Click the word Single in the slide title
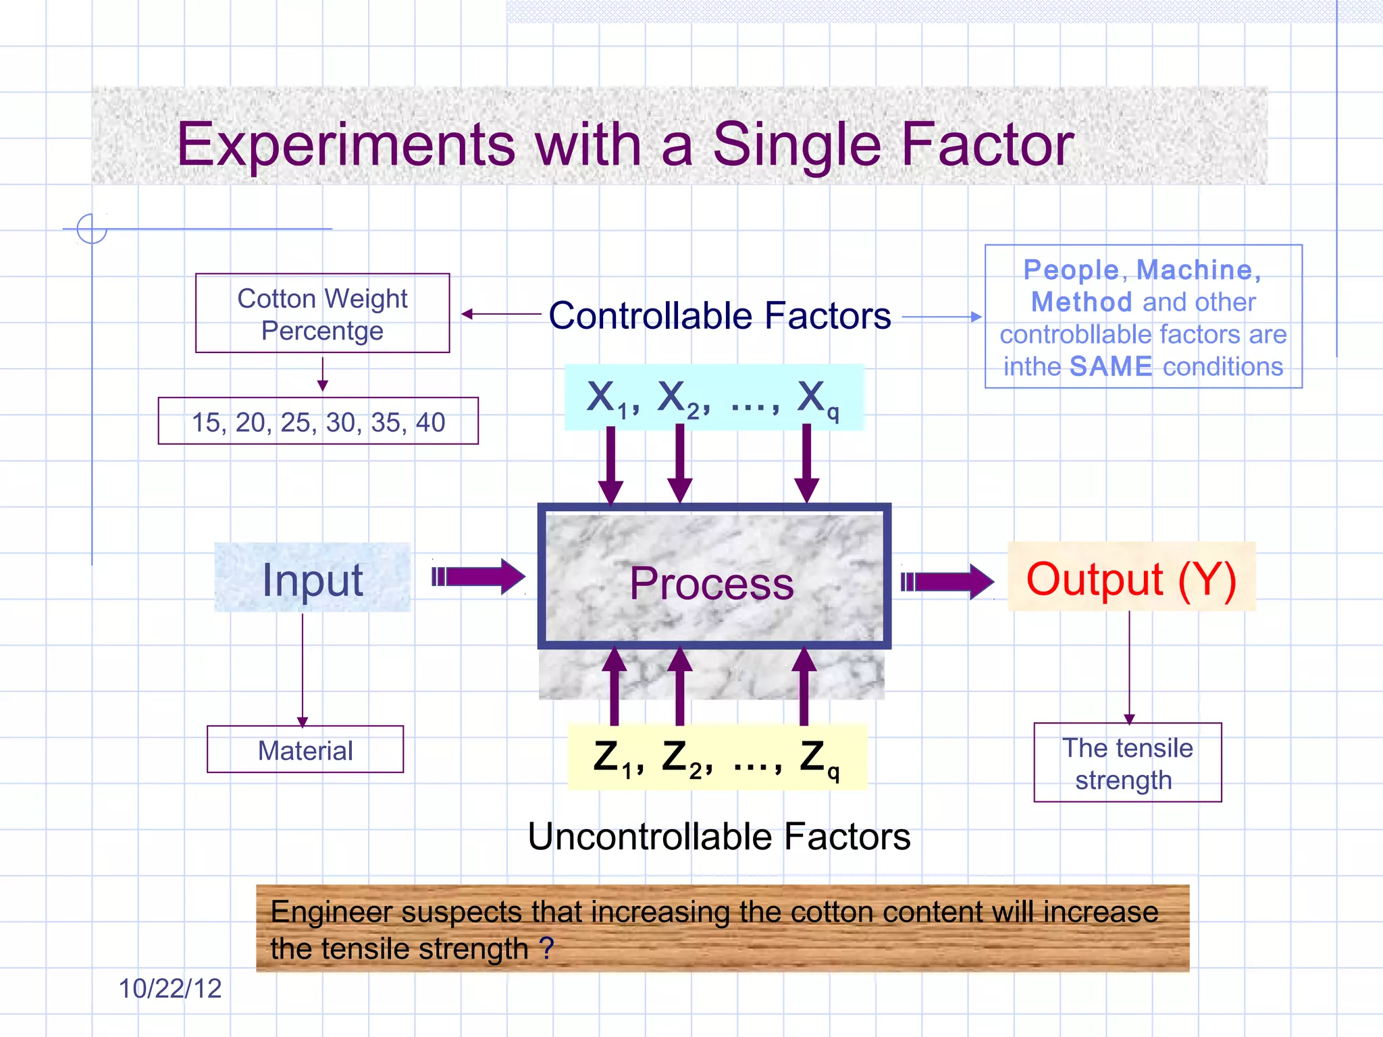(x=797, y=146)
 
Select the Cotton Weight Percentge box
(x=322, y=314)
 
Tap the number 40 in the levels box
(x=430, y=423)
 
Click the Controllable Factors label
(x=719, y=316)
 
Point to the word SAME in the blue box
(x=1111, y=367)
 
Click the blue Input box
(x=312, y=579)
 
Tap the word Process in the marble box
(x=711, y=583)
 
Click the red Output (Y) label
(x=1131, y=579)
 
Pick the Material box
(x=305, y=750)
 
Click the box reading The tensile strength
(x=1127, y=763)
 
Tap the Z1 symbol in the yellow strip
(x=612, y=758)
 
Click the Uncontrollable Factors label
(x=719, y=836)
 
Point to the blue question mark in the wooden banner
(x=546, y=948)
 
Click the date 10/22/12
(x=169, y=988)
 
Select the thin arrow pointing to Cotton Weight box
(x=500, y=314)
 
